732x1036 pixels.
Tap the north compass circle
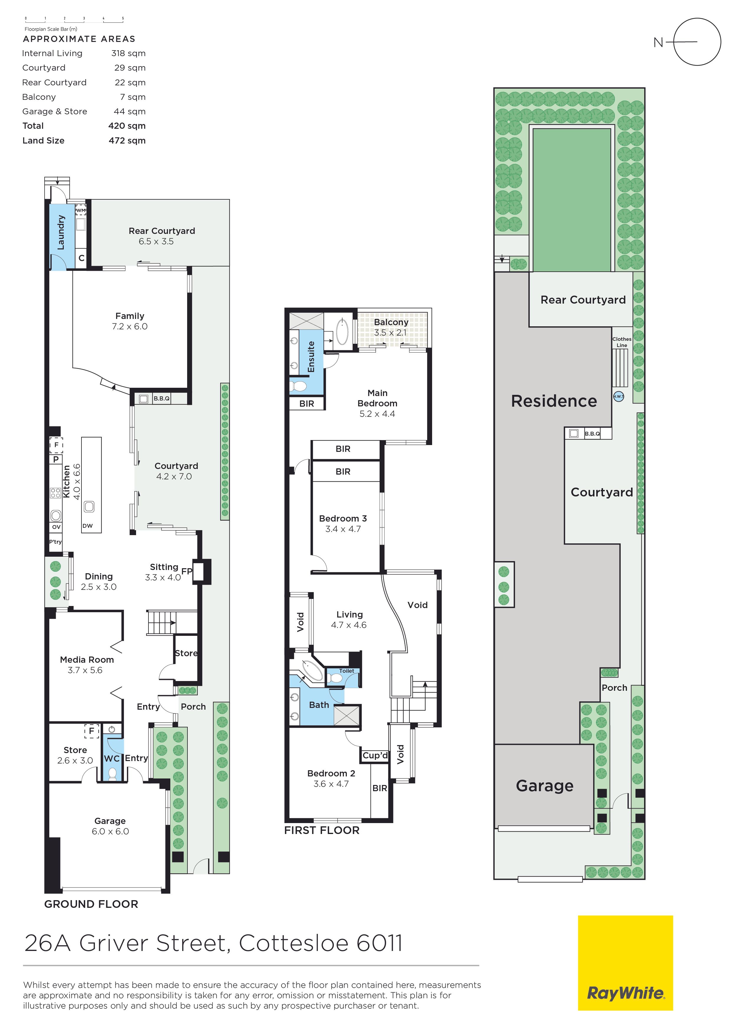pyautogui.click(x=697, y=19)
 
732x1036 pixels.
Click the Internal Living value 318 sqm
pyautogui.click(x=128, y=53)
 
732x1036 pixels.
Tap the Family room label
pyautogui.click(x=130, y=316)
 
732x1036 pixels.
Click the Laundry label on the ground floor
pyautogui.click(x=61, y=232)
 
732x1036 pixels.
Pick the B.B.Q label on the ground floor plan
pyautogui.click(x=161, y=398)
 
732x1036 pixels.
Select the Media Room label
pyautogui.click(x=87, y=660)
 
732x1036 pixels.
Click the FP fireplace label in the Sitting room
pyautogui.click(x=187, y=571)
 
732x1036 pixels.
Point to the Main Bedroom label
pyautogui.click(x=378, y=398)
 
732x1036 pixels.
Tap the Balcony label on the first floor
pyautogui.click(x=391, y=322)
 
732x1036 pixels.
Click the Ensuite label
pyautogui.click(x=311, y=356)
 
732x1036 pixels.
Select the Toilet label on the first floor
pyautogui.click(x=347, y=671)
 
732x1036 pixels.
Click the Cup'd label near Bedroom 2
pyautogui.click(x=375, y=755)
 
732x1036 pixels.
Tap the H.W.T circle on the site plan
pyautogui.click(x=619, y=397)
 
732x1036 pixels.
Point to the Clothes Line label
pyautogui.click(x=622, y=342)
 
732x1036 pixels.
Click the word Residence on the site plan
pyautogui.click(x=554, y=401)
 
